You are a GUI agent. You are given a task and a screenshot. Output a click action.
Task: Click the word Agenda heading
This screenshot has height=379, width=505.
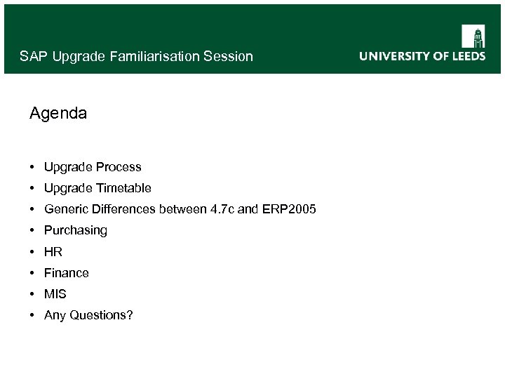point(58,113)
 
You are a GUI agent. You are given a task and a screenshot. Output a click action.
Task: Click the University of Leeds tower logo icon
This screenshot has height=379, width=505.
point(473,36)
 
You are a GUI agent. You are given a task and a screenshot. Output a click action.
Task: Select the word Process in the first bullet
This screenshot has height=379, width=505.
point(119,167)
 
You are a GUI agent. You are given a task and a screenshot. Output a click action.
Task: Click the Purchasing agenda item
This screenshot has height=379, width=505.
point(76,230)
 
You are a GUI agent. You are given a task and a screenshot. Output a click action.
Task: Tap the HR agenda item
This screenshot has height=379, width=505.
point(53,251)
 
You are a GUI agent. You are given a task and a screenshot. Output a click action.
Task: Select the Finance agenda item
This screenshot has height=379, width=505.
point(67,272)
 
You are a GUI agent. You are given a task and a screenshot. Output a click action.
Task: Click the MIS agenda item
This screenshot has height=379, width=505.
point(55,294)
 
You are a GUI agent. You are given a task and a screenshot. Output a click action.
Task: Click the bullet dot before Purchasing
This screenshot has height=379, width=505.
point(33,230)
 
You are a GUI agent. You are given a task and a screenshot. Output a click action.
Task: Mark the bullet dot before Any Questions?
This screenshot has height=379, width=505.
point(33,315)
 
